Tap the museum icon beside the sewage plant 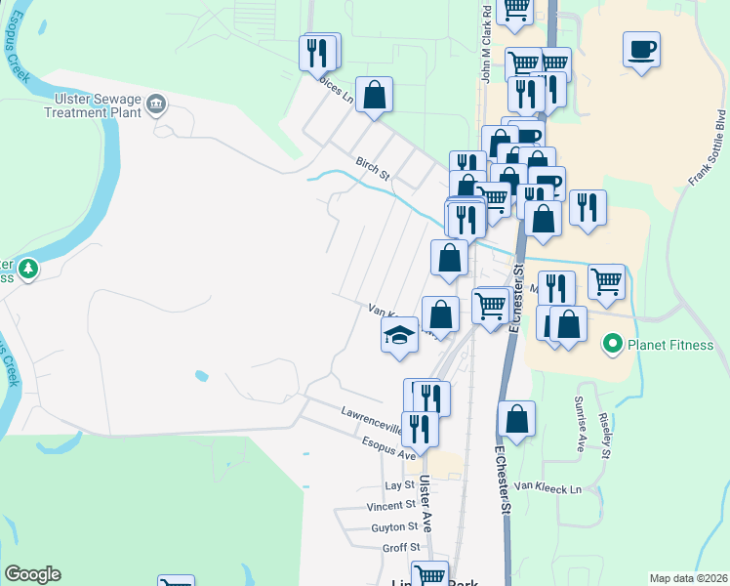coord(155,104)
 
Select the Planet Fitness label coord(670,345)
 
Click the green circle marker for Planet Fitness coord(613,344)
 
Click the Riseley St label coord(605,434)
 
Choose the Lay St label coord(400,485)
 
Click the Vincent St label coord(391,506)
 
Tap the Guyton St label coord(394,526)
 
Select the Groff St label coord(400,548)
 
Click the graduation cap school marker coord(398,337)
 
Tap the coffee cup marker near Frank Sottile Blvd coord(641,48)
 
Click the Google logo coord(32,574)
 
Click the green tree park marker coord(28,267)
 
